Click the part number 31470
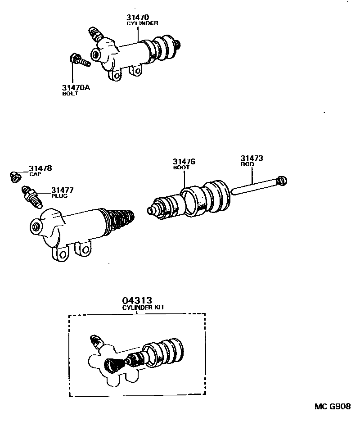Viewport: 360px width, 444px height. (138, 18)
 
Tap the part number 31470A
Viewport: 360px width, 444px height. (76, 87)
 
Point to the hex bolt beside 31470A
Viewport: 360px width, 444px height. (80, 60)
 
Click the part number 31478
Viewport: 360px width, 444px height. (41, 168)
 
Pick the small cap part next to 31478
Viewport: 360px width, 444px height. (14, 177)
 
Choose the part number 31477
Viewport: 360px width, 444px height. (62, 190)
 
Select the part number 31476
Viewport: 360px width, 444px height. (184, 162)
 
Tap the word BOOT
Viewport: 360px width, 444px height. (181, 168)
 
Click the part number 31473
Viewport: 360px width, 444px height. (252, 159)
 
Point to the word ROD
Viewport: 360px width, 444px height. (247, 164)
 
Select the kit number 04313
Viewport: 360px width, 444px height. (136, 300)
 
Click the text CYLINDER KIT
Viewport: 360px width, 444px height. (144, 307)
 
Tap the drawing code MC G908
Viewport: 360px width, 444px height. (332, 407)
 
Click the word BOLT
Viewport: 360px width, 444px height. (70, 93)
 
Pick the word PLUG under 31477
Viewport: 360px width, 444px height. (58, 197)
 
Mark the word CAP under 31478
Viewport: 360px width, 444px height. (35, 174)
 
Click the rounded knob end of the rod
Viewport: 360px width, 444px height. (282, 181)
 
